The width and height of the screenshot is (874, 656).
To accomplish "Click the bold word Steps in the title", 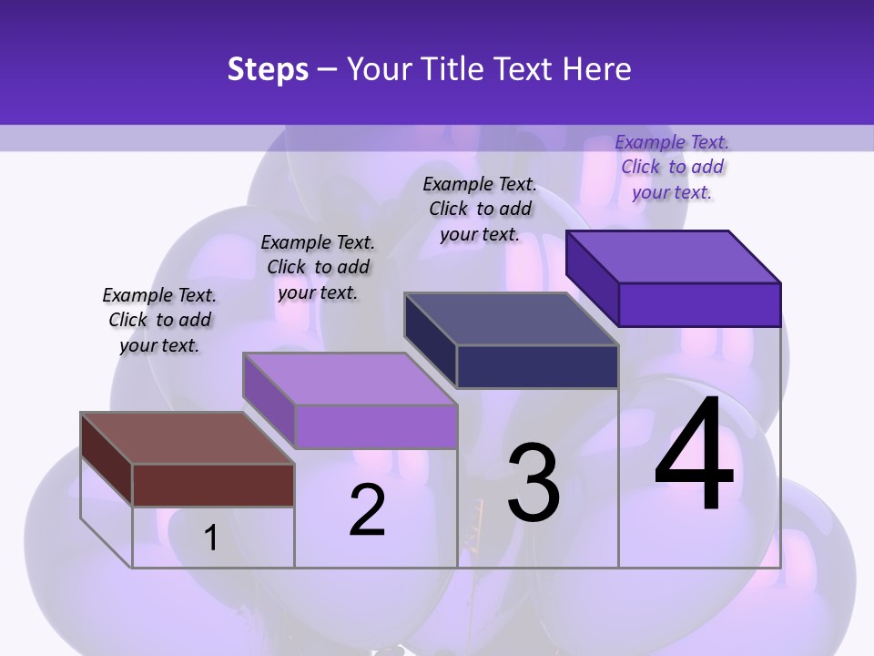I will [268, 69].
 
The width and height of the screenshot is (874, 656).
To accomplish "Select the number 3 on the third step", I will [534, 483].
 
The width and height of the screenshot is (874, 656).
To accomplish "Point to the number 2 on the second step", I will [367, 510].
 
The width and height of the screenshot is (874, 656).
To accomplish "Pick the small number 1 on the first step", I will [210, 538].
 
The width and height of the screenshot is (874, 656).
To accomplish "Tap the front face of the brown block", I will [213, 484].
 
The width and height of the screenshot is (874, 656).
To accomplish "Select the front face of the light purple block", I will [375, 426].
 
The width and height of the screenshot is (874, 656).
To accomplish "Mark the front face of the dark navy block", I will [537, 366].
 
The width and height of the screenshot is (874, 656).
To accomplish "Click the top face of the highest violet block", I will [673, 256].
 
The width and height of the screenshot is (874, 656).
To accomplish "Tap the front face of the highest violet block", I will [699, 304].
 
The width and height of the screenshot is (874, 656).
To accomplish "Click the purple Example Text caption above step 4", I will [672, 167].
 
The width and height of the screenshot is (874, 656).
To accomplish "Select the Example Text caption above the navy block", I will [480, 209].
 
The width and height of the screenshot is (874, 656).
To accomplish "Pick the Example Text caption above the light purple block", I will [318, 267].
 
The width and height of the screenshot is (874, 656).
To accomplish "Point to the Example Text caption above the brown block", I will [159, 320].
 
